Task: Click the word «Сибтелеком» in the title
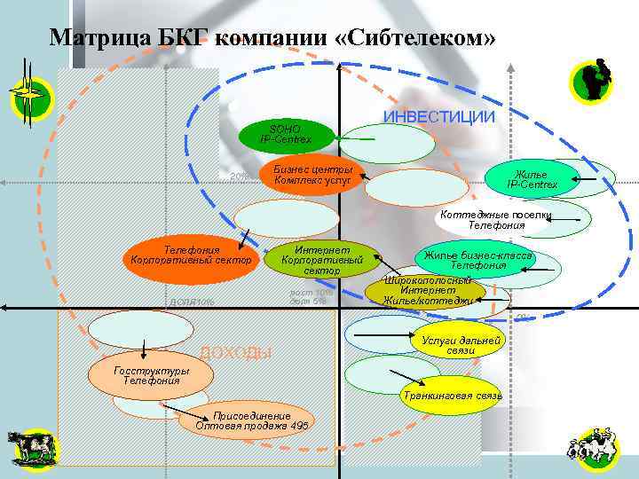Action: click(x=417, y=38)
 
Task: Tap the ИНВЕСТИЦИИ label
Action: click(x=438, y=117)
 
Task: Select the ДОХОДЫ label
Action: click(x=235, y=353)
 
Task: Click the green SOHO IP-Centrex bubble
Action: click(x=286, y=135)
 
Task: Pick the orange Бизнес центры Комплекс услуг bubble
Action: click(x=312, y=175)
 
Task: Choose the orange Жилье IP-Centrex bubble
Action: click(x=532, y=179)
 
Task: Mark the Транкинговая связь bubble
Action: click(x=452, y=394)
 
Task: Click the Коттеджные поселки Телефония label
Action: click(x=496, y=221)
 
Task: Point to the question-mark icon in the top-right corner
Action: click(x=596, y=82)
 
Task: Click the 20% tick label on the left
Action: click(x=239, y=177)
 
